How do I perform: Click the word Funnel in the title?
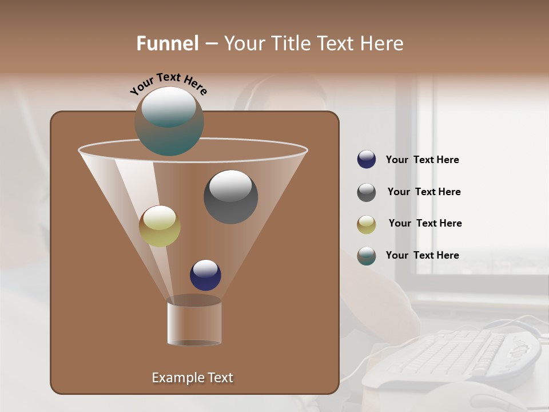pos(167,43)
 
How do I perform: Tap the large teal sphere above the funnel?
pos(169,121)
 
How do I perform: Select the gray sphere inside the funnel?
pos(230,197)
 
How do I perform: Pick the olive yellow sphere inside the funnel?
pos(160,226)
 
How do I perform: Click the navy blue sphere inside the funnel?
pos(205,275)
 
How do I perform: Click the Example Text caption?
pos(192,378)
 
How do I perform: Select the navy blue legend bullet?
pos(367,159)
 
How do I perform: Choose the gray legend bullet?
pos(367,192)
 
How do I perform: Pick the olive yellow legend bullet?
pos(367,224)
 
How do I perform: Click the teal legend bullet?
pos(367,256)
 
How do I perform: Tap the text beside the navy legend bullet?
pos(422,160)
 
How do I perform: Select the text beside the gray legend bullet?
pos(424,192)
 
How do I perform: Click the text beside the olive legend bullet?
pos(425,223)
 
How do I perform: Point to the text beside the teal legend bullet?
pos(422,255)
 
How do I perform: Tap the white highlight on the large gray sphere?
pos(230,185)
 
